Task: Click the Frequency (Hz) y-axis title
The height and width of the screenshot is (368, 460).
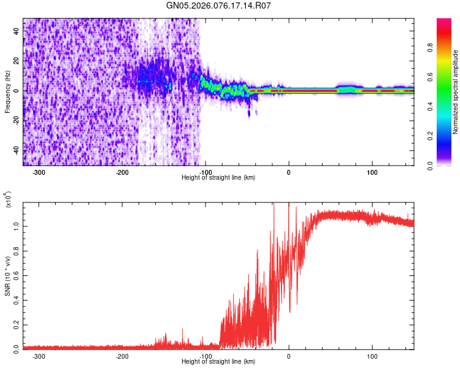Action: coord(7,91)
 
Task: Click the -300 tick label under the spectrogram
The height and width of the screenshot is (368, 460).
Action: coord(39,172)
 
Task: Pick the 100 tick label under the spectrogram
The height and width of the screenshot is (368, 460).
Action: coord(372,172)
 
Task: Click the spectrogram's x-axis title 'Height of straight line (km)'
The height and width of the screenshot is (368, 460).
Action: coord(218,178)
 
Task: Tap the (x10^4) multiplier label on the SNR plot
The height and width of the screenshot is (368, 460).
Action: coord(7,199)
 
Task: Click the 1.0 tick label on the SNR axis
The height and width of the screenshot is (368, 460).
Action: coord(16,226)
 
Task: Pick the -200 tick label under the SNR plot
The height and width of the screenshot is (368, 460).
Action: coord(122,356)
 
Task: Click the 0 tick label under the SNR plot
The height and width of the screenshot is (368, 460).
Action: coord(289,356)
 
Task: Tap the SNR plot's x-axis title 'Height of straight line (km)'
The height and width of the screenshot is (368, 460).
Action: coord(218,362)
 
